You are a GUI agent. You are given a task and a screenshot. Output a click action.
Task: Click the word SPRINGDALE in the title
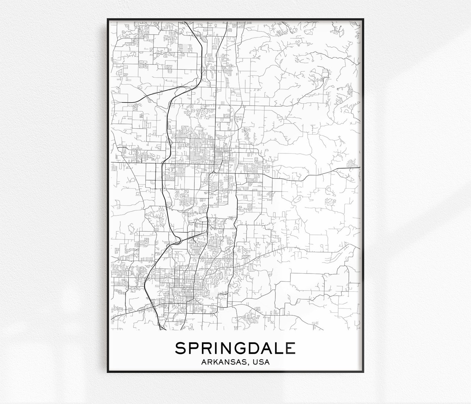pos(235,348)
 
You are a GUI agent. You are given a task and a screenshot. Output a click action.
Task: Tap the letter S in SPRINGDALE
pos(180,348)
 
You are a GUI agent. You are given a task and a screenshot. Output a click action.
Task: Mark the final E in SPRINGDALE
pos(291,348)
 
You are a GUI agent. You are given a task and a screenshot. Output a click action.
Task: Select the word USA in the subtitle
pos(261,362)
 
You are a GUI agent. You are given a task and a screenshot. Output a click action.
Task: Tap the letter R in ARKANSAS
pos(209,362)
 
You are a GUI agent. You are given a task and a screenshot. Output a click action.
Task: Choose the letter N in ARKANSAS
pos(227,362)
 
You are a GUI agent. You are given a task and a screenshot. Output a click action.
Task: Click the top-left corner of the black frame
pos(108,19)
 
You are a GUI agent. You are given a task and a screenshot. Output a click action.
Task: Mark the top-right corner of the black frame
pos(363,19)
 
